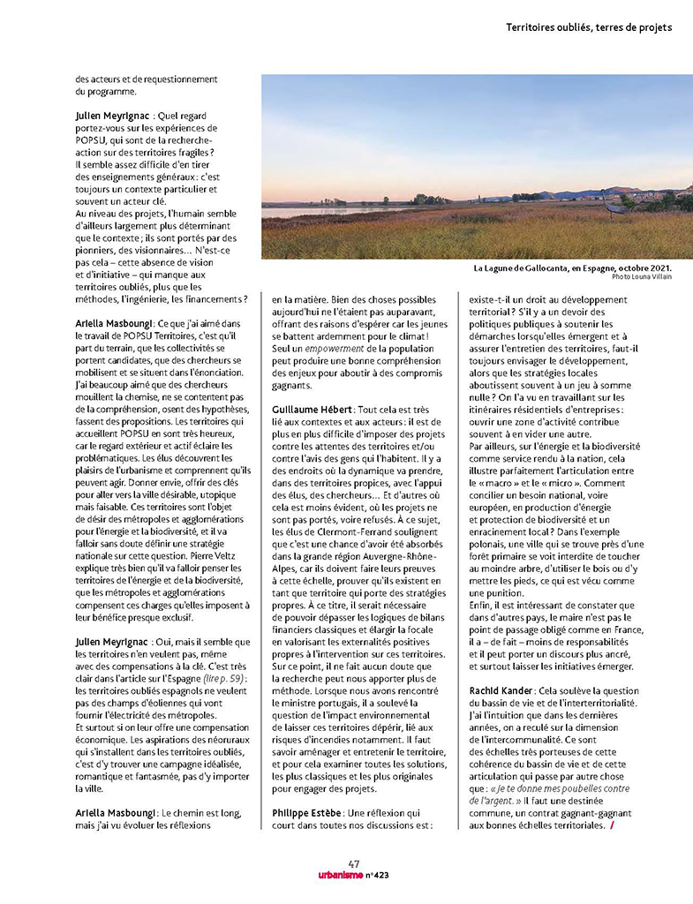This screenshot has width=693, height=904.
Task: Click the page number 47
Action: tap(354, 863)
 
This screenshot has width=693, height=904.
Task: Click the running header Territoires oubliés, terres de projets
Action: tap(589, 27)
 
